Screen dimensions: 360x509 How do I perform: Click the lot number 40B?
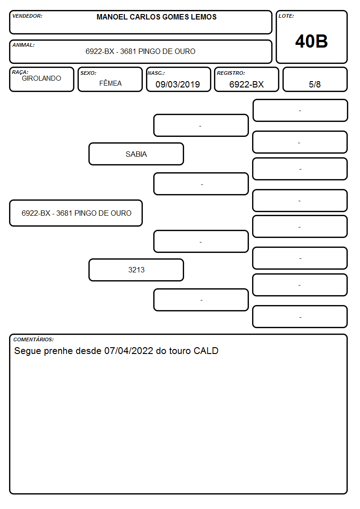pyautogui.click(x=311, y=41)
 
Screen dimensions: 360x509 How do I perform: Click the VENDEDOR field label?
pyautogui.click(x=27, y=16)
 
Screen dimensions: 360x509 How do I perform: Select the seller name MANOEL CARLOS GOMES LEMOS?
pyautogui.click(x=156, y=17)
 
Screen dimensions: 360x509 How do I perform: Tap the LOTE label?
pyautogui.click(x=286, y=16)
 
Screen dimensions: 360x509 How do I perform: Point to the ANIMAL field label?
pyautogui.click(x=24, y=45)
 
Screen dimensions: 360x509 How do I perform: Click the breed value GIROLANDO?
pyautogui.click(x=42, y=78)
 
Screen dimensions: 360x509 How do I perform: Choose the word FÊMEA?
pyautogui.click(x=110, y=83)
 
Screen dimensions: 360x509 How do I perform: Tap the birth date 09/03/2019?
pyautogui.click(x=178, y=84)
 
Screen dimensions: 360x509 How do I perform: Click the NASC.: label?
pyautogui.click(x=156, y=73)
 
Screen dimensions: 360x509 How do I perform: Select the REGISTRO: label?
pyautogui.click(x=231, y=73)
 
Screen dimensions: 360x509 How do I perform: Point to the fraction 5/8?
pyautogui.click(x=315, y=84)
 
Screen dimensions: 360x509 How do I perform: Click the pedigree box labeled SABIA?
pyautogui.click(x=136, y=154)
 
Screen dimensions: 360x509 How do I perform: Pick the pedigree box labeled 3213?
pyautogui.click(x=136, y=270)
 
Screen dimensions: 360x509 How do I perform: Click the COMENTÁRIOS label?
pyautogui.click(x=34, y=339)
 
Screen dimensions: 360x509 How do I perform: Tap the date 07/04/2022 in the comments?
pyautogui.click(x=129, y=351)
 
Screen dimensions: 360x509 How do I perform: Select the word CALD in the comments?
pyautogui.click(x=206, y=351)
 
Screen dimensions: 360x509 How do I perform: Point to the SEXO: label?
pyautogui.click(x=88, y=73)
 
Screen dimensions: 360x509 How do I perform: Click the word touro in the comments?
pyautogui.click(x=180, y=351)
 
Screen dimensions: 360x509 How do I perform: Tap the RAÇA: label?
pyautogui.click(x=20, y=72)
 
